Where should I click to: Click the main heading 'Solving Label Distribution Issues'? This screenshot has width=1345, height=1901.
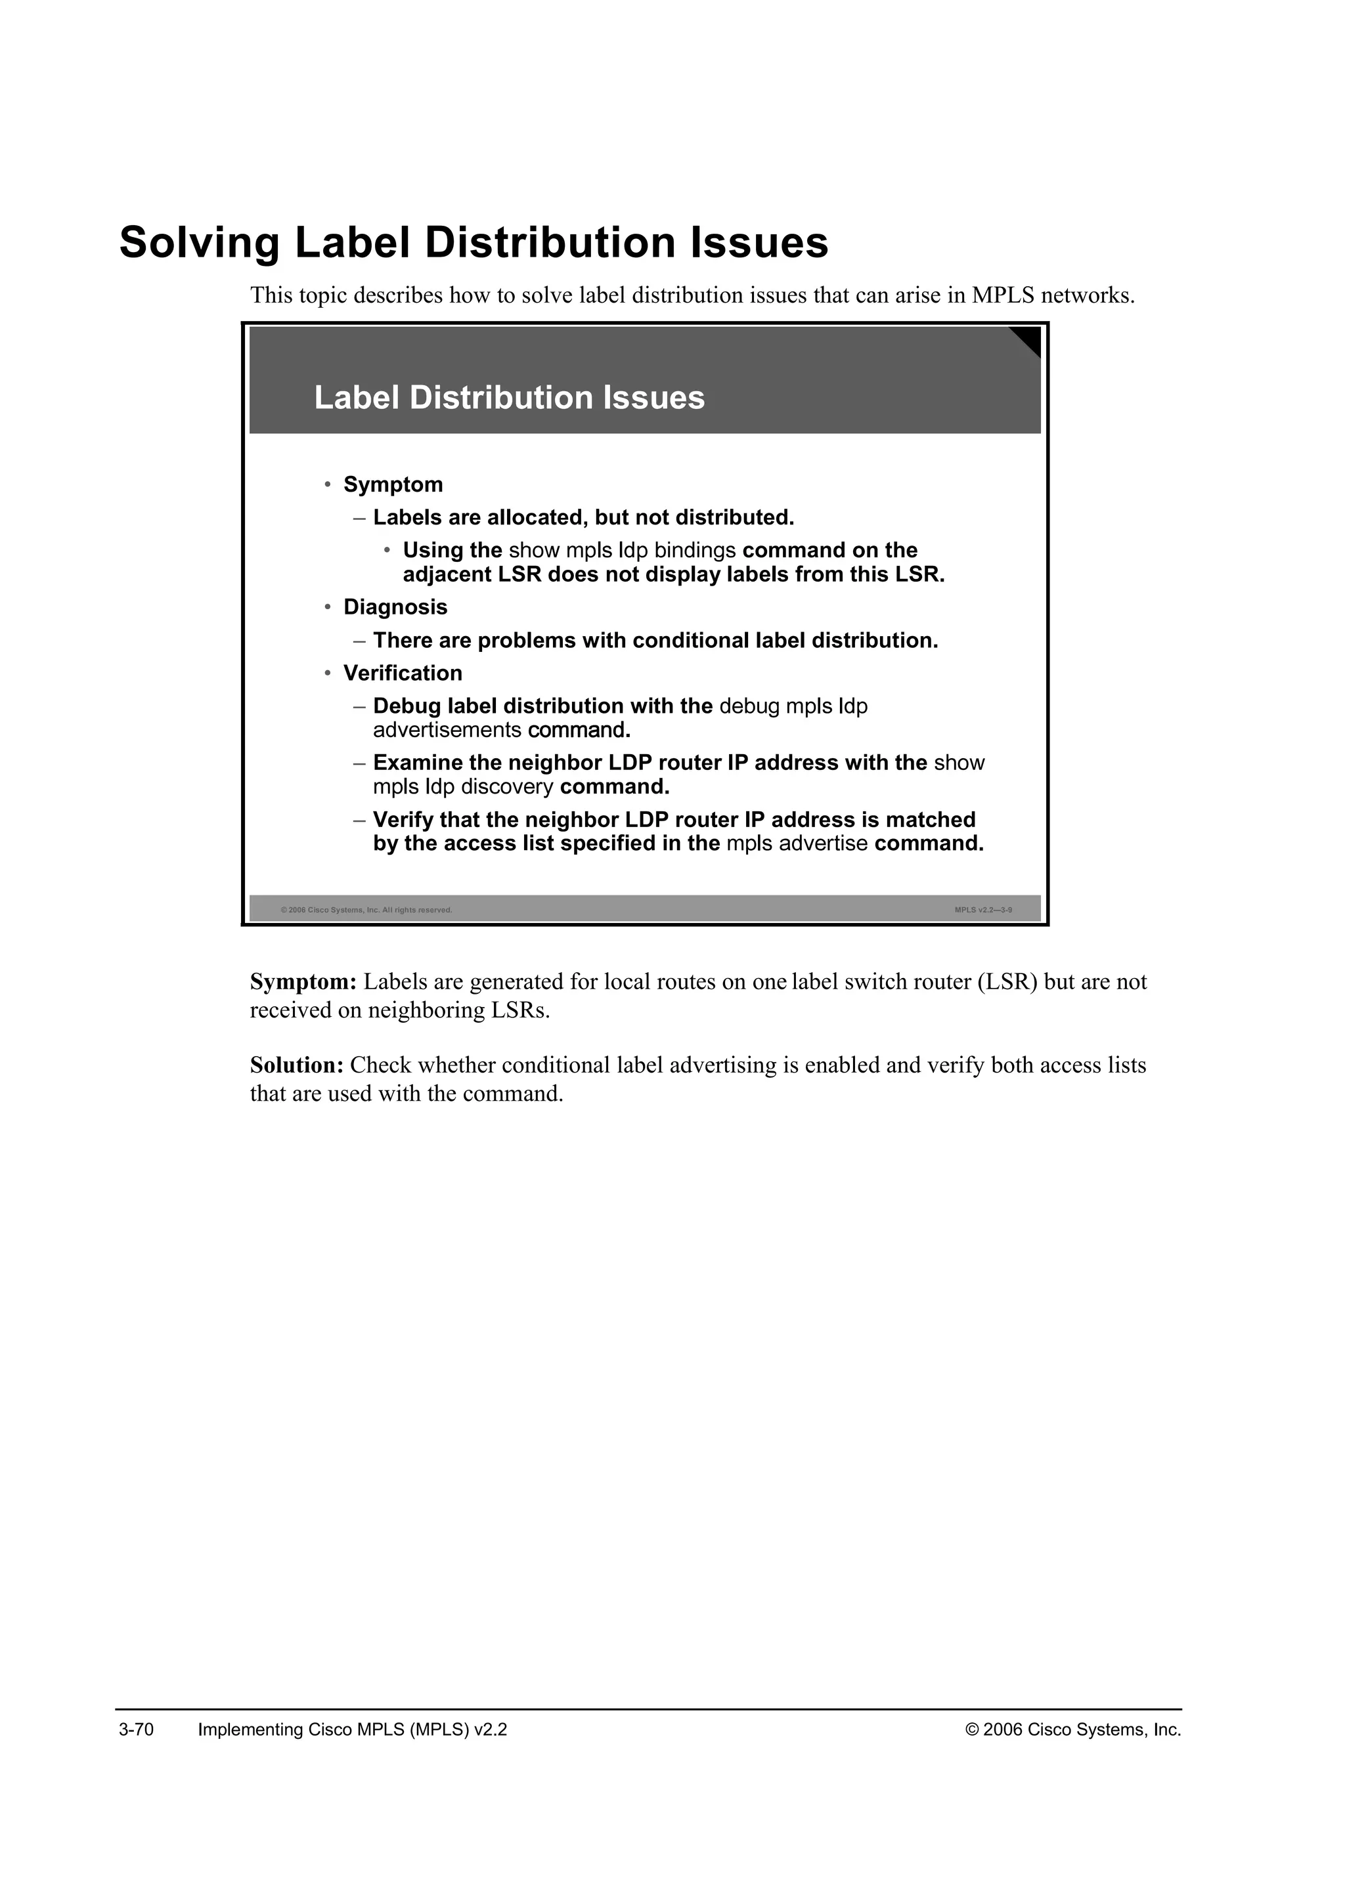(473, 243)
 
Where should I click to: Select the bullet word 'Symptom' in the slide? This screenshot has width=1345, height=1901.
(393, 484)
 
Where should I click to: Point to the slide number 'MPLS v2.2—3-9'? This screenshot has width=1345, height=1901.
(983, 910)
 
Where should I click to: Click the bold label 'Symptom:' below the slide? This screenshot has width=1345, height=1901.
(303, 982)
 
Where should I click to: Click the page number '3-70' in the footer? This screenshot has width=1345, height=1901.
(137, 1730)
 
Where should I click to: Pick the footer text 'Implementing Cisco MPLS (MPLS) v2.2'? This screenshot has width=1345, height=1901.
(352, 1730)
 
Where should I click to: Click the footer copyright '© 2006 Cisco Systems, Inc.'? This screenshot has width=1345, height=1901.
(1072, 1730)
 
